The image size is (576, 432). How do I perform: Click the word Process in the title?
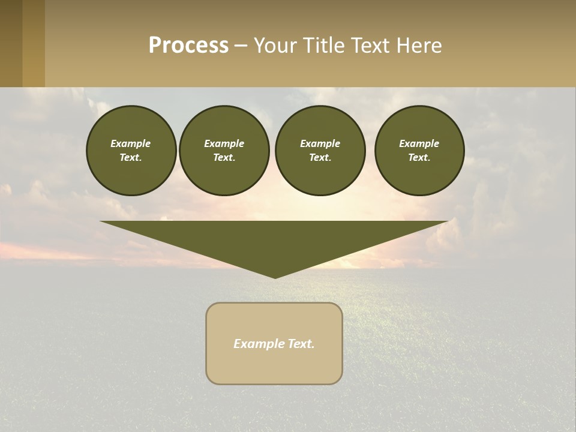[188, 46]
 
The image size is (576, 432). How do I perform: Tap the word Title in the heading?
[323, 46]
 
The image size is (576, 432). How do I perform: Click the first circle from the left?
[131, 151]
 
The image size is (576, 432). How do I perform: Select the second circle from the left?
[224, 151]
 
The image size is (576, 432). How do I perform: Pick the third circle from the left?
[320, 151]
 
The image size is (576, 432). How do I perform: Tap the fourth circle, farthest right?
[419, 151]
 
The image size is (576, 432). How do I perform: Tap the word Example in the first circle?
[131, 143]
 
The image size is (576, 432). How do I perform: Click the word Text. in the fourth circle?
[419, 158]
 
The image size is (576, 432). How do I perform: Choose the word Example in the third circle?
[320, 143]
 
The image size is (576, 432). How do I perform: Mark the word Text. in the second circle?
[224, 158]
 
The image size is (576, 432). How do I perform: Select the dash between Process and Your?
[241, 46]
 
